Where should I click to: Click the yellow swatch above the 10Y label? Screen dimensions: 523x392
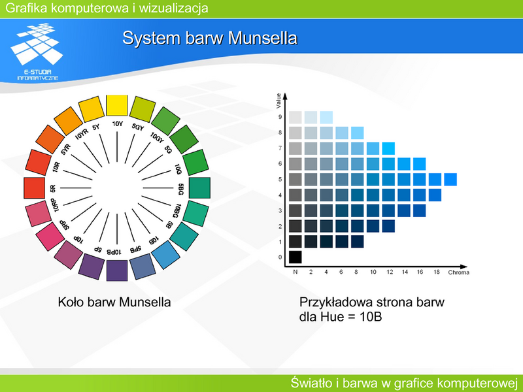pyautogui.click(x=117, y=105)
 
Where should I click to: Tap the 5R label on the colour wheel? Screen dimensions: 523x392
pyautogui.click(x=53, y=188)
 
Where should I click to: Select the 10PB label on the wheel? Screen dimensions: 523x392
pyautogui.click(x=114, y=252)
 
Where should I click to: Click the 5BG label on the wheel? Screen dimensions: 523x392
pyautogui.click(x=181, y=189)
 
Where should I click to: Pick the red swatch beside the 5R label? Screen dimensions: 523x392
pyautogui.click(x=35, y=188)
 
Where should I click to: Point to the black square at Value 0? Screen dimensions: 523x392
pyautogui.click(x=295, y=257)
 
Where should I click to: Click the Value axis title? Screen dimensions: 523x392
pyautogui.click(x=278, y=101)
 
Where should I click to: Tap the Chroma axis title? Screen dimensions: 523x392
pyautogui.click(x=459, y=272)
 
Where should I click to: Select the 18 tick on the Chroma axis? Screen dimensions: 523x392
pyautogui.click(x=437, y=272)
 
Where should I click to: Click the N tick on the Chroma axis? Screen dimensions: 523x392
pyautogui.click(x=295, y=272)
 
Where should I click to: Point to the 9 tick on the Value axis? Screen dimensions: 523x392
pyautogui.click(x=280, y=117)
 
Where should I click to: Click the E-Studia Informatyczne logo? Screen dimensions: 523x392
pyautogui.click(x=37, y=52)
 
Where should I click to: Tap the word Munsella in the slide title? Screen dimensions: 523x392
pyautogui.click(x=263, y=38)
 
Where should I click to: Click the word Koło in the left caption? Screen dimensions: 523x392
pyautogui.click(x=71, y=302)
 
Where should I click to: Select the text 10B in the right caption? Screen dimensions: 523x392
pyautogui.click(x=371, y=317)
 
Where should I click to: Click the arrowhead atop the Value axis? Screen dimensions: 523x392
pyautogui.click(x=285, y=96)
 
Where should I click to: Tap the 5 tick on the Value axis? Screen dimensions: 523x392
pyautogui.click(x=280, y=179)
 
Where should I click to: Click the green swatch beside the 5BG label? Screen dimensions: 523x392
pyautogui.click(x=199, y=188)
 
